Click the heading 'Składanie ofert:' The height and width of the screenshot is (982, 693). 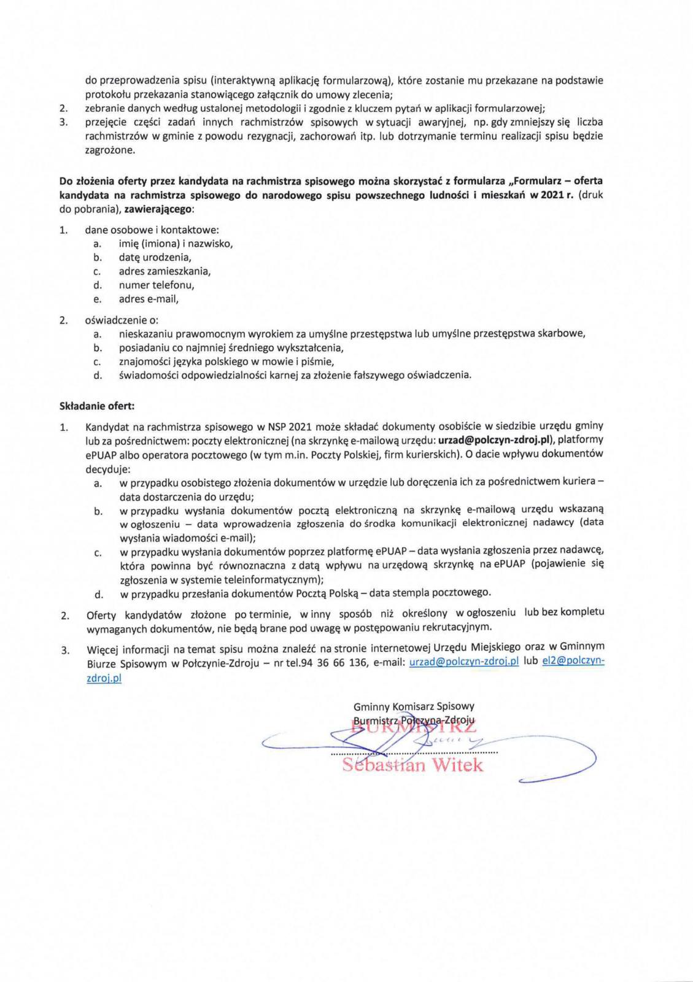point(97,406)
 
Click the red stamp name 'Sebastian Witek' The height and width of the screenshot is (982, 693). point(412,765)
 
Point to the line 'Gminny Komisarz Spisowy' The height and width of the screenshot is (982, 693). point(413,706)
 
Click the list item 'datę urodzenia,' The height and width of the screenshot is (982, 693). point(155,257)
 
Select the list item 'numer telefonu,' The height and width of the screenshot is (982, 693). point(157,285)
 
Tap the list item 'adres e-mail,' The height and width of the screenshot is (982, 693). point(149,300)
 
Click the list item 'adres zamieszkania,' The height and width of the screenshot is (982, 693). point(165,271)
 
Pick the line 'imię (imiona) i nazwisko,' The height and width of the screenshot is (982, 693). point(176,244)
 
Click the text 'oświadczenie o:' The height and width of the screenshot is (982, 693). point(122,320)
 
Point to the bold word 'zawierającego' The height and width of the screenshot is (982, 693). point(158,209)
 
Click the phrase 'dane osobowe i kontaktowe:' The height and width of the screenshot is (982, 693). point(152,230)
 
